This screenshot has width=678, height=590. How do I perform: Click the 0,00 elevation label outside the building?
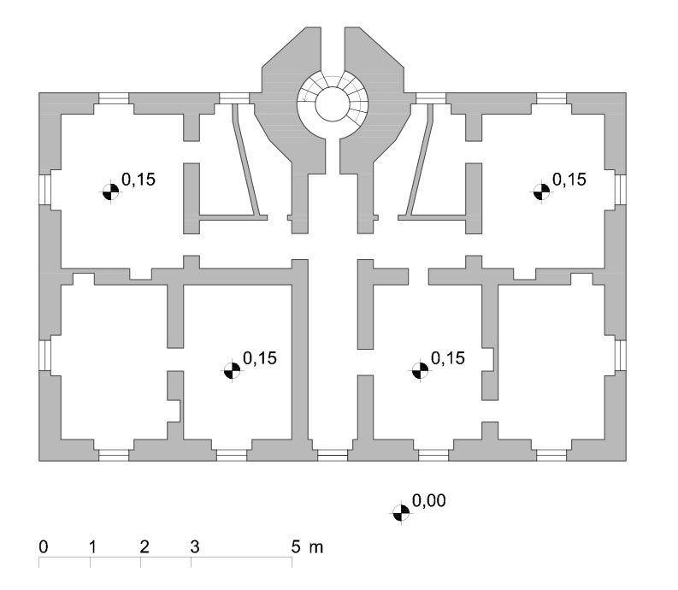(429, 500)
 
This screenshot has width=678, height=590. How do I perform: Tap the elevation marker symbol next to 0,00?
(401, 513)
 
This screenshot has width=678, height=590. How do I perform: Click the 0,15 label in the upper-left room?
(139, 179)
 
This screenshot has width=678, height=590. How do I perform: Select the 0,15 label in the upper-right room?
(569, 179)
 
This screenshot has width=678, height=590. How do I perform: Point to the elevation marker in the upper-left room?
(110, 192)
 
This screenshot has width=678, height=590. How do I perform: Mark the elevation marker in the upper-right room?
(541, 192)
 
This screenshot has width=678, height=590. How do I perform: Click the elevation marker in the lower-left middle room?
(232, 370)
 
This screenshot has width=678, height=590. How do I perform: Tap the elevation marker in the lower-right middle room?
(420, 370)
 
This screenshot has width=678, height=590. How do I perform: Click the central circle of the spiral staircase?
(332, 104)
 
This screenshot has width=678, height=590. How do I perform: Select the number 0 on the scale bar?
(44, 546)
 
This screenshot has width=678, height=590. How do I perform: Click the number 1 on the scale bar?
(92, 546)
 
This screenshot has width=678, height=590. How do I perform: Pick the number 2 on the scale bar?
(144, 546)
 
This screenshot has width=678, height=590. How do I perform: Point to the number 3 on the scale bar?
(195, 546)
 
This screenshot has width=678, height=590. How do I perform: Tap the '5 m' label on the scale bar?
(307, 546)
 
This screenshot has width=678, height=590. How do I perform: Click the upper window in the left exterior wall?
(45, 190)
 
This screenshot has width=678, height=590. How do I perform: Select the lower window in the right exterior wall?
(621, 356)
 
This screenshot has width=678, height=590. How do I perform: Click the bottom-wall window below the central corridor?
(333, 455)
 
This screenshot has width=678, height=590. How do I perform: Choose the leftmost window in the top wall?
(114, 98)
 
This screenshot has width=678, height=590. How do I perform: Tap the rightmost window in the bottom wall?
(551, 455)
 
